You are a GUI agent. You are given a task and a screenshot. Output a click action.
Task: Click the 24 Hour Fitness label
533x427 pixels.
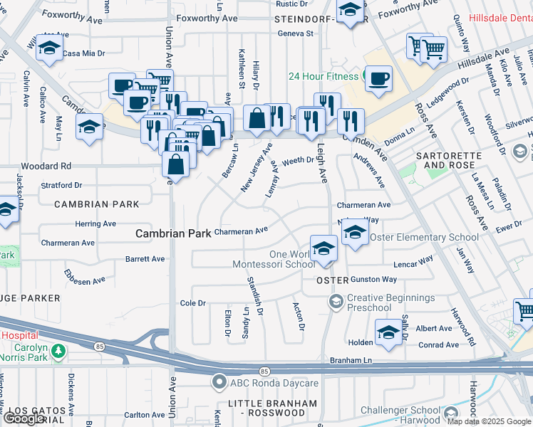pos(323,76)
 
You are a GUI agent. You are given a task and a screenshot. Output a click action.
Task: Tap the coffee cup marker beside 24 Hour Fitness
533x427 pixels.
pos(379,78)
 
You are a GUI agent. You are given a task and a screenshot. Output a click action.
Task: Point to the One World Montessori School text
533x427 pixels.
pos(273,259)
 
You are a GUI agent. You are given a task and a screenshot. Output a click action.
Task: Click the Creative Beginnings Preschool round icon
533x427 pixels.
pos(335,302)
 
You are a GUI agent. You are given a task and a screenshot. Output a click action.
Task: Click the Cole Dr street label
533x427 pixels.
pos(192,303)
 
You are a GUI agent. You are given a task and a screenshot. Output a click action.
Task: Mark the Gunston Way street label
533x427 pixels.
pos(373,280)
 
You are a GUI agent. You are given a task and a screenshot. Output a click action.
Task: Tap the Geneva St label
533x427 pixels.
pos(295,33)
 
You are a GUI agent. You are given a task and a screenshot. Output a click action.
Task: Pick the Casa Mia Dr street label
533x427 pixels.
pos(83,53)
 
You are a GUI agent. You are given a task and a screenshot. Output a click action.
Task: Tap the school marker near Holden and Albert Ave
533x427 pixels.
pos(388,333)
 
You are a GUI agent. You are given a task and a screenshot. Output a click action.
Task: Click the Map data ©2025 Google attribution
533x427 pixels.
pos(489,421)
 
